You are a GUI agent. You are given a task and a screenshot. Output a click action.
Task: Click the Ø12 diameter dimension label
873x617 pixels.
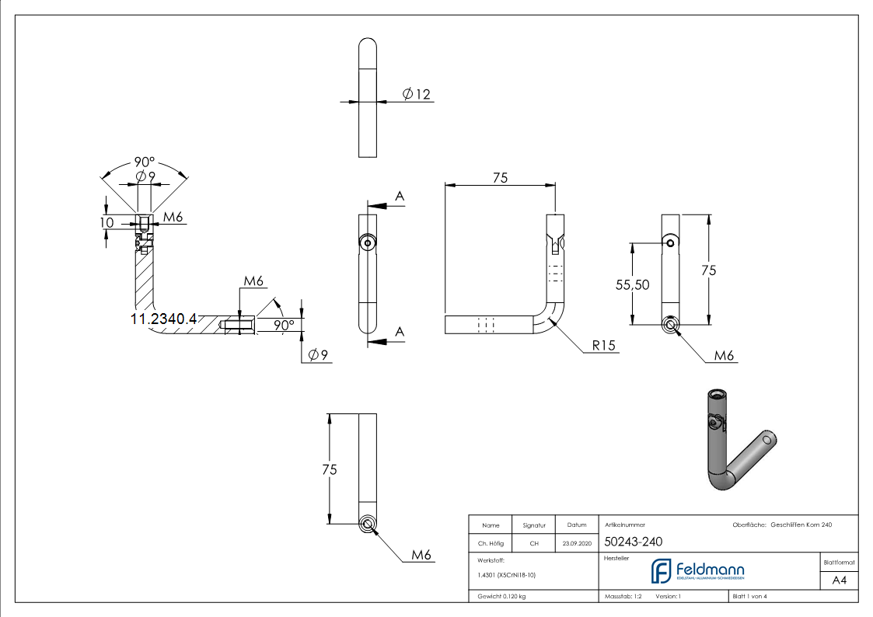[x=417, y=94]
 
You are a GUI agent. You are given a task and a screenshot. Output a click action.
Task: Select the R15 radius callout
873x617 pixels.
[x=604, y=345]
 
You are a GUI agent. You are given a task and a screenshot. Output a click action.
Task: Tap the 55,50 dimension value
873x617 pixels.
[x=632, y=284]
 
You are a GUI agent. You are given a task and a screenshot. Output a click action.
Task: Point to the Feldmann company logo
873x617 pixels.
[x=697, y=571]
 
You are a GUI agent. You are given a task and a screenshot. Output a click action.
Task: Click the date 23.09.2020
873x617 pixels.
[x=576, y=544]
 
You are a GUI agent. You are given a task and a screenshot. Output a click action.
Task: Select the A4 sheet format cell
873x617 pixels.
[x=839, y=580]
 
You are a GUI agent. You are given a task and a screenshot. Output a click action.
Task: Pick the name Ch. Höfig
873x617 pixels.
[x=491, y=544]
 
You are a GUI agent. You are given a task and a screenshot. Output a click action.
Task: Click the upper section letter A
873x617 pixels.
[x=400, y=197]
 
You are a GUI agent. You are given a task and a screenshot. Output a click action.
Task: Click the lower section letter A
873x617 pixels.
[x=400, y=332]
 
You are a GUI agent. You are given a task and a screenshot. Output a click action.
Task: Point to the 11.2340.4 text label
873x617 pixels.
[x=163, y=319]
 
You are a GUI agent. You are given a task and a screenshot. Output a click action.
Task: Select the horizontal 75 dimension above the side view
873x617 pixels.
[x=500, y=178]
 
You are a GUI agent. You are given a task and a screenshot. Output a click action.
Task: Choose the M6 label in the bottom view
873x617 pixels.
[x=421, y=555]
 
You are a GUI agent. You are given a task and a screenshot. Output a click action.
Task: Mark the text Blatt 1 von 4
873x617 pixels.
[x=749, y=596]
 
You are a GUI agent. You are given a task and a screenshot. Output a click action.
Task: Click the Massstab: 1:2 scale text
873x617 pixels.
[x=623, y=596]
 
